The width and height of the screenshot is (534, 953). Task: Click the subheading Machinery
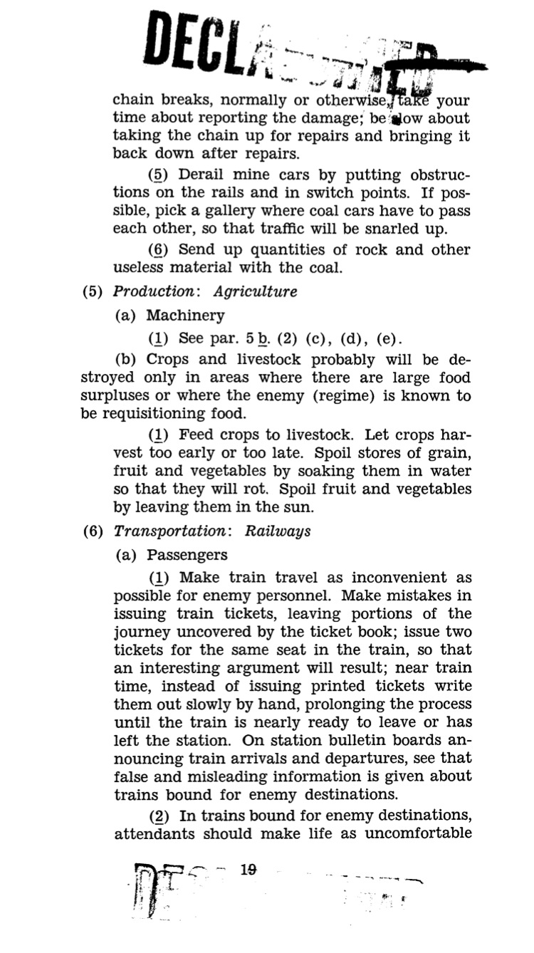pos(185,315)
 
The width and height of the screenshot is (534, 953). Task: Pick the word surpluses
pos(115,396)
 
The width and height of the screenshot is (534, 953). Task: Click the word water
pos(451,472)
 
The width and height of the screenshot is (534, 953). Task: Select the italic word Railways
pos(278,531)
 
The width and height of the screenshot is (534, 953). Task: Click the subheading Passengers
pos(187,555)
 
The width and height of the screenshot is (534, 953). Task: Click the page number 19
pos(248,870)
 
